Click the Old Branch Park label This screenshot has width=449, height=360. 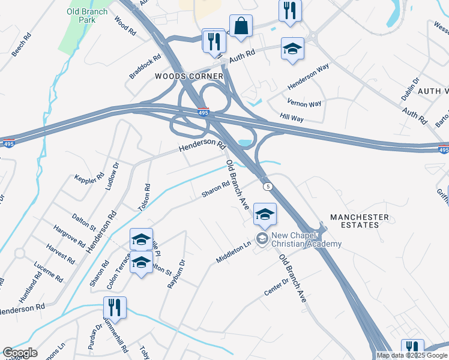coord(88,16)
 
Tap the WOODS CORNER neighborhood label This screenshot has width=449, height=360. coord(189,76)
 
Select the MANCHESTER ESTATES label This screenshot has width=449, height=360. coord(360,221)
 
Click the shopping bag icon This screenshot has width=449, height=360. coord(241,26)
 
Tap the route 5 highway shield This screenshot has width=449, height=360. coord(268,187)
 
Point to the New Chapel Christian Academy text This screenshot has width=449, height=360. coord(306,239)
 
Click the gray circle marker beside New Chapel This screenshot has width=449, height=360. coord(262,239)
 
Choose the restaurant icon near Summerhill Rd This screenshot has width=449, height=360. coord(115,308)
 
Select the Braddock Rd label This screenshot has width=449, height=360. coord(145,67)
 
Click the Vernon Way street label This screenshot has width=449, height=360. coord(304,103)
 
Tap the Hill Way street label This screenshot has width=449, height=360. coord(291,118)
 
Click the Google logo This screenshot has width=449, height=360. coord(20,353)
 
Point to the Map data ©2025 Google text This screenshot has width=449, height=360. coord(412,355)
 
